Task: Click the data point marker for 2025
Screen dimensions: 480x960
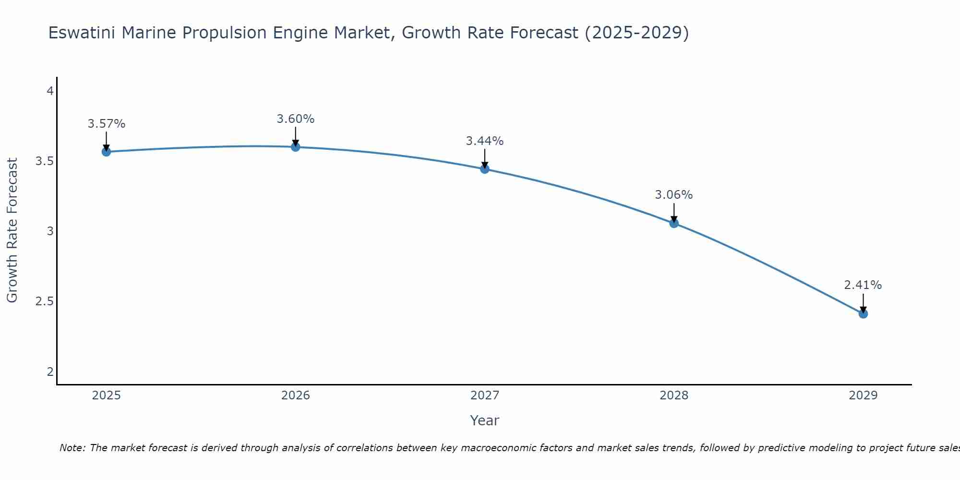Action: pyautogui.click(x=106, y=152)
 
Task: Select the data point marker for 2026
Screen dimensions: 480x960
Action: pyautogui.click(x=296, y=147)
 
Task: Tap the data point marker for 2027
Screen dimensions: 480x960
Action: pyautogui.click(x=485, y=169)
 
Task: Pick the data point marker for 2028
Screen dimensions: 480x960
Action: pyautogui.click(x=674, y=223)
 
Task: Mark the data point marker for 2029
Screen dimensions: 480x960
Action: pyautogui.click(x=863, y=314)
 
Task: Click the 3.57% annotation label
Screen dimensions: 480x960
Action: pyautogui.click(x=106, y=124)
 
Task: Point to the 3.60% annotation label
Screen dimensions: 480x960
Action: pyautogui.click(x=296, y=119)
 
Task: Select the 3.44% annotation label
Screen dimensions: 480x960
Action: pyautogui.click(x=485, y=141)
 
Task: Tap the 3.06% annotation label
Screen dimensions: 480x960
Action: pyautogui.click(x=674, y=195)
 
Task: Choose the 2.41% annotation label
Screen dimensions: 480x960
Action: pyautogui.click(x=863, y=285)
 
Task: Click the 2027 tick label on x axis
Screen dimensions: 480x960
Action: pyautogui.click(x=485, y=396)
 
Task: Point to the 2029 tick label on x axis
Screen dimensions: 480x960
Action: pyautogui.click(x=863, y=396)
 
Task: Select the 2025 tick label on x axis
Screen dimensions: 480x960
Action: pyautogui.click(x=106, y=396)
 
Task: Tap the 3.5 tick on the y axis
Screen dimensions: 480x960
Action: pyautogui.click(x=44, y=161)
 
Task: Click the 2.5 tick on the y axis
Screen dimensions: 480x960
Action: pyautogui.click(x=44, y=301)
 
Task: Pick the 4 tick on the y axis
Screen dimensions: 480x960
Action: pyautogui.click(x=50, y=91)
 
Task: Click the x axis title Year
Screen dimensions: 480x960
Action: pyautogui.click(x=485, y=420)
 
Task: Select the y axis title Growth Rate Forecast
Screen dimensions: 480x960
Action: pyautogui.click(x=12, y=230)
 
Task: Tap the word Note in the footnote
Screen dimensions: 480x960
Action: pyautogui.click(x=72, y=448)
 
